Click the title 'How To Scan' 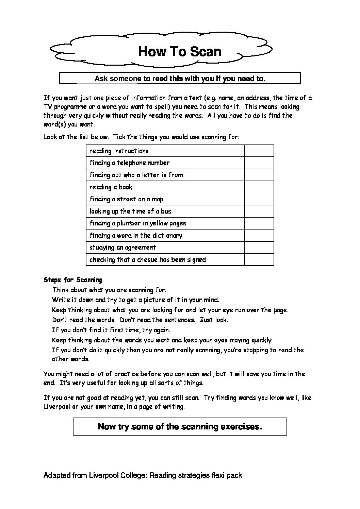tap(180, 52)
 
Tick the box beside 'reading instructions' tap(259, 151)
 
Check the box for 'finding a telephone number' tap(259, 163)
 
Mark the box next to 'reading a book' tap(259, 187)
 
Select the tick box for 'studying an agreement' tap(259, 248)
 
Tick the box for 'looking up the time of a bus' tap(259, 211)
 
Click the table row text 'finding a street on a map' tap(126, 199)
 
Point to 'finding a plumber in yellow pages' tap(137, 223)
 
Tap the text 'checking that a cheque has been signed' tap(148, 260)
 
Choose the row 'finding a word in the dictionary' tap(136, 235)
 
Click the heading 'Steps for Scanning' tap(73, 280)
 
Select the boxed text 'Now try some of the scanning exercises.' tap(180, 426)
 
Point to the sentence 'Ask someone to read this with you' tap(180, 79)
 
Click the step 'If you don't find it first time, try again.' tap(111, 330)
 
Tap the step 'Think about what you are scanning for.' tap(109, 290)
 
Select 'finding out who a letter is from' tap(136, 175)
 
